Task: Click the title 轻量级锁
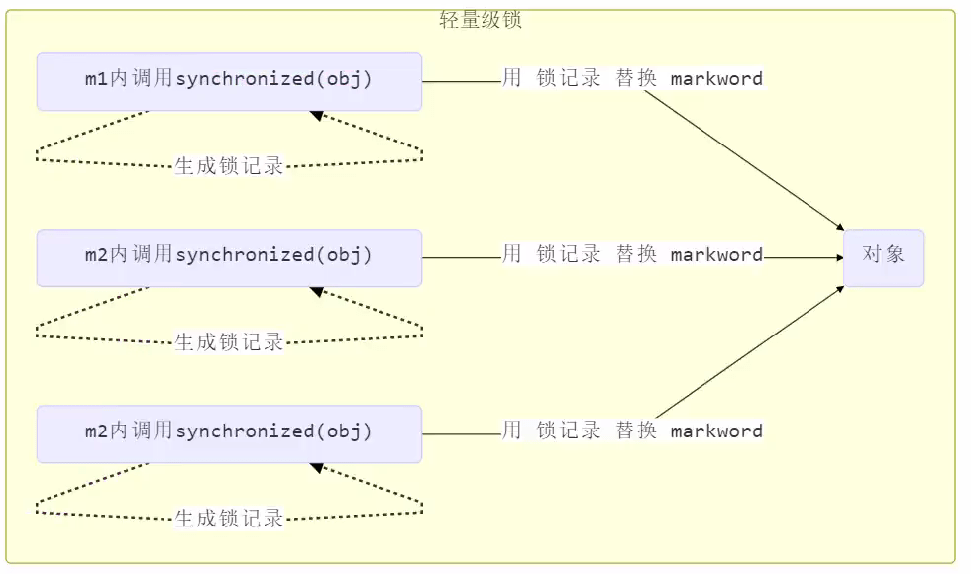click(x=480, y=20)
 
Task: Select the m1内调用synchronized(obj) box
click(x=229, y=81)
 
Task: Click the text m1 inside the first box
click(x=96, y=80)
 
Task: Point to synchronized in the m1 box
click(x=245, y=80)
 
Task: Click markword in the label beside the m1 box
click(x=716, y=79)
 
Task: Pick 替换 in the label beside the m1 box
click(x=636, y=79)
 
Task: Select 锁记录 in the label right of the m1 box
click(x=569, y=79)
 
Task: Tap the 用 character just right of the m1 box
click(x=511, y=79)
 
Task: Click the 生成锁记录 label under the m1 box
click(x=230, y=166)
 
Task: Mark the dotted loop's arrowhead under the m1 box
click(x=317, y=116)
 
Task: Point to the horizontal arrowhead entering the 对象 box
click(x=838, y=257)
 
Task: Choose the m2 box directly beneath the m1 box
click(x=229, y=257)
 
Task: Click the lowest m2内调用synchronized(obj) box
click(x=229, y=433)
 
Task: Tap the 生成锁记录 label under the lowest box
click(x=230, y=518)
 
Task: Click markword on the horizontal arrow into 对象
click(x=716, y=255)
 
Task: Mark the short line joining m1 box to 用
click(x=462, y=81)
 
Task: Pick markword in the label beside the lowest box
click(x=716, y=431)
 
